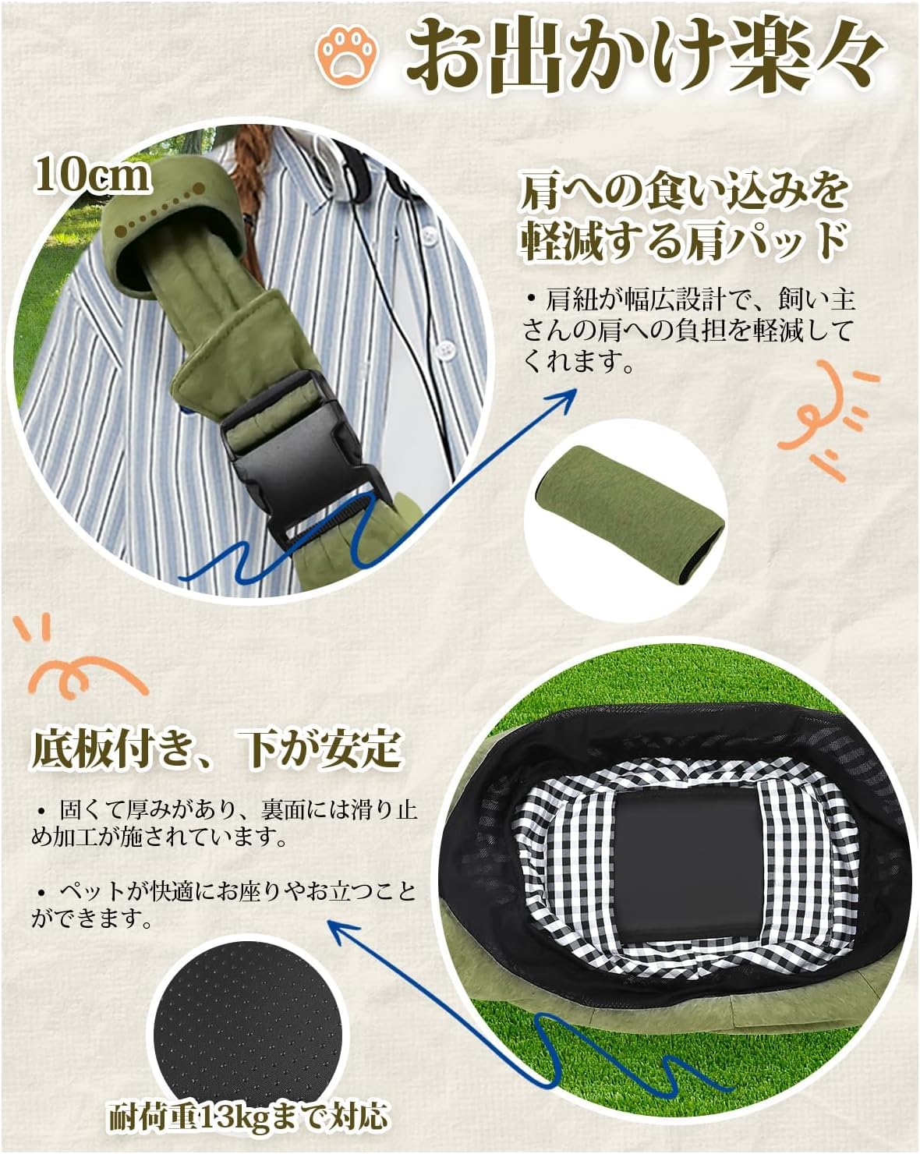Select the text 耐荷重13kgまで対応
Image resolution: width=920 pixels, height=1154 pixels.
248,1117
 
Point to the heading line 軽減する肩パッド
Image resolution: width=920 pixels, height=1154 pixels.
682,242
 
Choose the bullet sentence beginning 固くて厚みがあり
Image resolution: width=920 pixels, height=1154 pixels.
224,823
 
